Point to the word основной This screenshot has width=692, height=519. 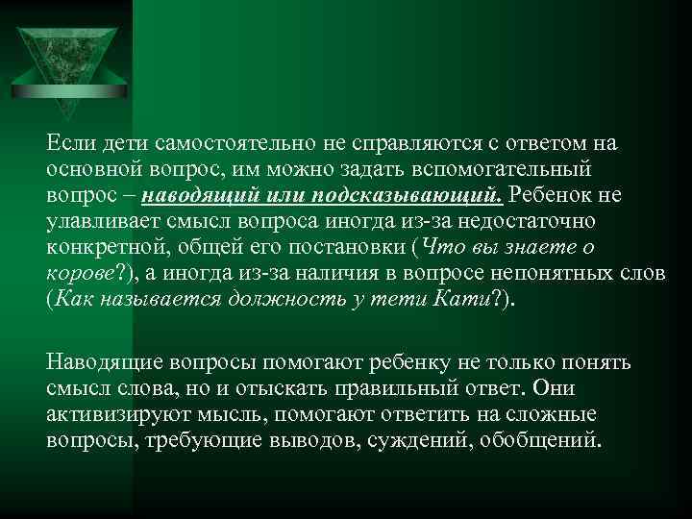88,169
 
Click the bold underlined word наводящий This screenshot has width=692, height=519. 191,195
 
